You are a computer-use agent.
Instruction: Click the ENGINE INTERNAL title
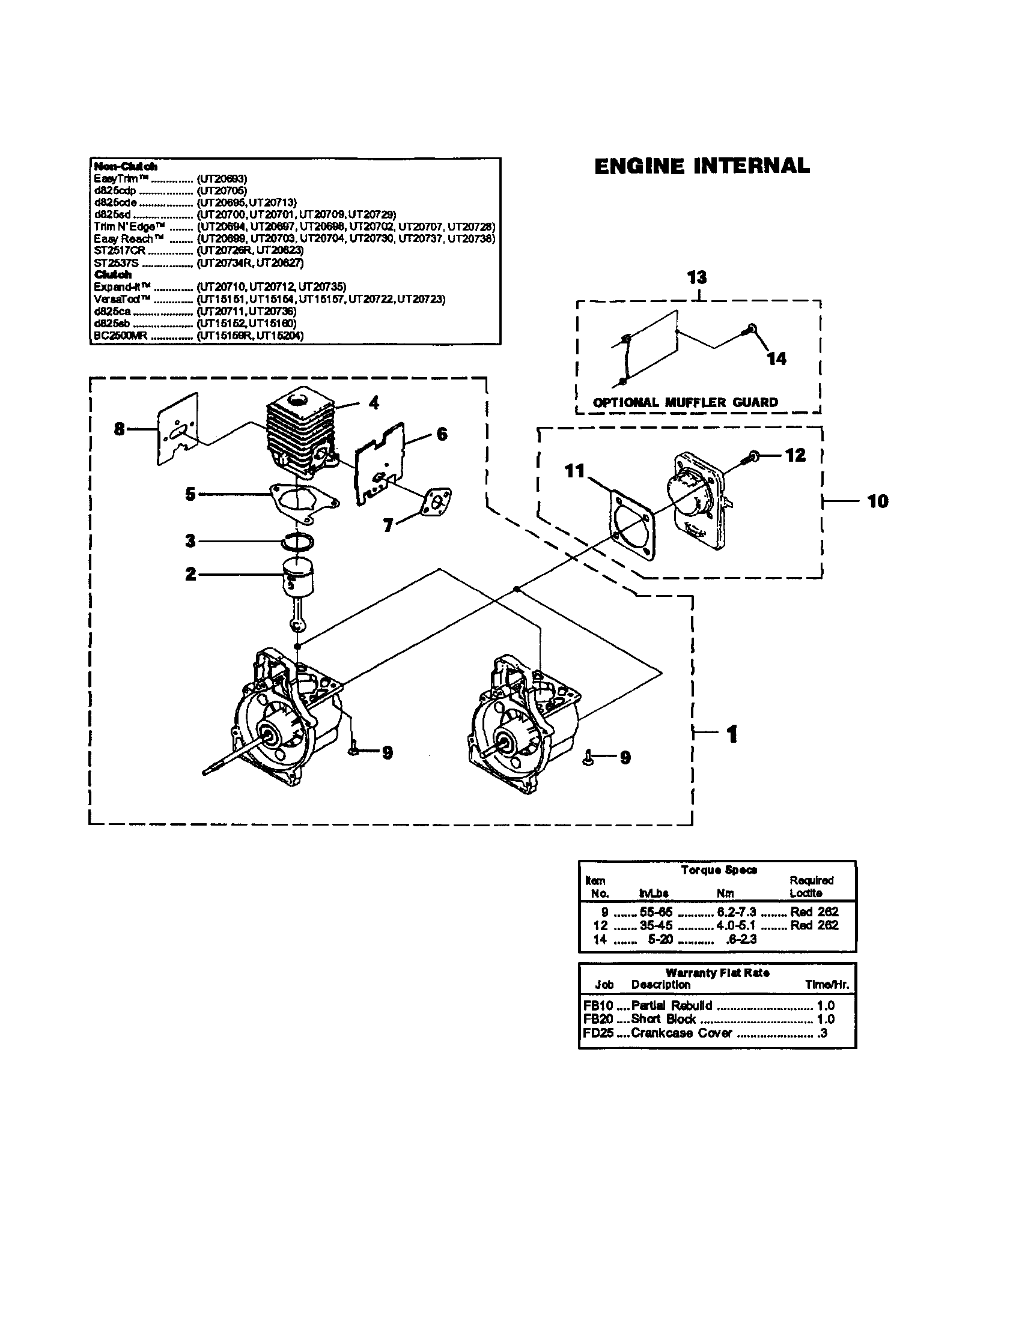click(701, 166)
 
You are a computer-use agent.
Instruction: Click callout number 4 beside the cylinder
click(374, 402)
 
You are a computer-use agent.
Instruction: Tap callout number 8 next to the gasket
click(119, 429)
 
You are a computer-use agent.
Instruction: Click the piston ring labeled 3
click(299, 542)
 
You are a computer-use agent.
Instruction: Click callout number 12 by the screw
click(795, 456)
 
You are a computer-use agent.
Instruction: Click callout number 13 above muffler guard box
click(697, 277)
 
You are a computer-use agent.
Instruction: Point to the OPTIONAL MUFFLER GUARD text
click(685, 402)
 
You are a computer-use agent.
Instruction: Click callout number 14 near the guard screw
click(776, 358)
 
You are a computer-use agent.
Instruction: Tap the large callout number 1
click(732, 734)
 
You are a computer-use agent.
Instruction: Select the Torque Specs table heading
click(718, 870)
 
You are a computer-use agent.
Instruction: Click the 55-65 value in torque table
click(656, 911)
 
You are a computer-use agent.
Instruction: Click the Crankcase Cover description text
click(681, 1033)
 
